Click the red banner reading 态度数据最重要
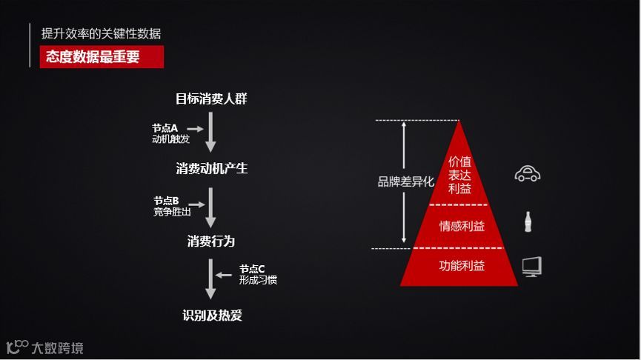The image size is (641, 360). click(x=102, y=56)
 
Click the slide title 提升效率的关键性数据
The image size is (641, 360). click(x=102, y=33)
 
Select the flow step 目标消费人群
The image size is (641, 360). click(x=211, y=99)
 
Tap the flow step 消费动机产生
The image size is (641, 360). click(x=212, y=169)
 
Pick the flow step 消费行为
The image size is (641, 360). click(x=211, y=241)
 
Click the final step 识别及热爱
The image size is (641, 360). click(x=212, y=316)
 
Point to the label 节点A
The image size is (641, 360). click(x=165, y=128)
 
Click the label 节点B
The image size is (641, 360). click(x=167, y=201)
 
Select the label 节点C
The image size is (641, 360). click(x=252, y=269)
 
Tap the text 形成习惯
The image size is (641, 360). click(x=258, y=280)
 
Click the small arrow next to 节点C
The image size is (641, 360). click(x=225, y=275)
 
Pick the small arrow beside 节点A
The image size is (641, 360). click(x=195, y=129)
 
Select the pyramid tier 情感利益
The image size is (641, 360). click(x=462, y=226)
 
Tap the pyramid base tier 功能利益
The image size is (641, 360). click(x=462, y=265)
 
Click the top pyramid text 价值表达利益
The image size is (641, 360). click(x=459, y=175)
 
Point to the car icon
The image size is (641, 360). click(x=528, y=174)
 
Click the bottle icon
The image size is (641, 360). click(x=528, y=221)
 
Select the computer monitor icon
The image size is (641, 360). click(x=531, y=266)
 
